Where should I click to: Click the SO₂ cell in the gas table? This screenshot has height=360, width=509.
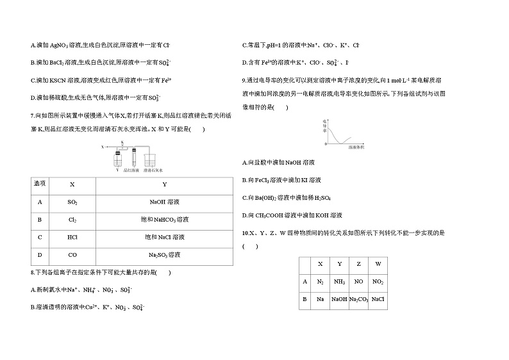point(72,202)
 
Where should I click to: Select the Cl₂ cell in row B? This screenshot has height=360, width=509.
point(72,220)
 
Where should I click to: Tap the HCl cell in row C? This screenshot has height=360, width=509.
point(72,237)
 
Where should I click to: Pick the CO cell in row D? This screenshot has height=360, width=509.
point(72,255)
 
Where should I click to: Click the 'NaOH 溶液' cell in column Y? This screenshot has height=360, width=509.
point(164,202)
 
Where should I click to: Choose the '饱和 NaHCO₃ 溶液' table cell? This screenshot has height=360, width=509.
point(164,220)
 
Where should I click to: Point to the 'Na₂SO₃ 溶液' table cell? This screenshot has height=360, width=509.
point(164,255)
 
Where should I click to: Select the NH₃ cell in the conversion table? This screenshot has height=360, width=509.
point(340,281)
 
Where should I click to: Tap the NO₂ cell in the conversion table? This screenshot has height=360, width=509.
point(378,281)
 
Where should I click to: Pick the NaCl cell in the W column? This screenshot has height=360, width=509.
point(378,299)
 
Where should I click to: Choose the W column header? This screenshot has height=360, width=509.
point(378,264)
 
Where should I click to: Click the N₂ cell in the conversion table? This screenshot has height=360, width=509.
point(321,281)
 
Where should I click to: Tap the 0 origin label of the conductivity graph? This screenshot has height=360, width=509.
point(326,144)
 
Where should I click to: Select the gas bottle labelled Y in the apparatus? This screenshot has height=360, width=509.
point(117,161)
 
